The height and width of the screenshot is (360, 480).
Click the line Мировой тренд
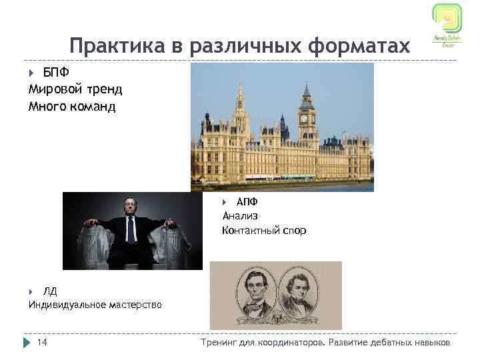click(75, 89)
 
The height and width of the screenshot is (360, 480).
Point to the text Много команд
click(71, 106)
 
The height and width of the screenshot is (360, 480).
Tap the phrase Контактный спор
click(265, 231)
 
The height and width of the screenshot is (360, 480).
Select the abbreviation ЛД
click(50, 291)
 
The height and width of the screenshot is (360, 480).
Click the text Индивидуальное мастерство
click(95, 305)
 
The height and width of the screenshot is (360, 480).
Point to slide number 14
click(42, 343)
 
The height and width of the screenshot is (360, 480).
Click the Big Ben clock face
click(304, 118)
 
